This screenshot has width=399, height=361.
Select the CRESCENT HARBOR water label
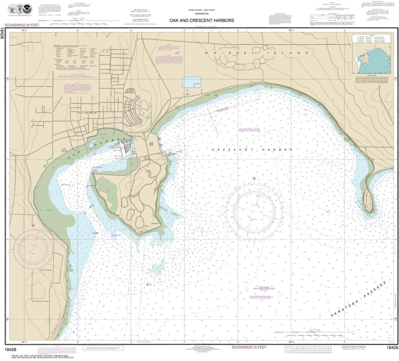click(x=251, y=150)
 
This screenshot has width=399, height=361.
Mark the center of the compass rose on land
click(x=33, y=248)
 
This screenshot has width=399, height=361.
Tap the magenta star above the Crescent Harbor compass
click(x=254, y=178)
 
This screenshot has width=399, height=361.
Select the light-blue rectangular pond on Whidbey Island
click(x=192, y=83)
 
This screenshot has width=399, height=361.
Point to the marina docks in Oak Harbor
click(x=128, y=149)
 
